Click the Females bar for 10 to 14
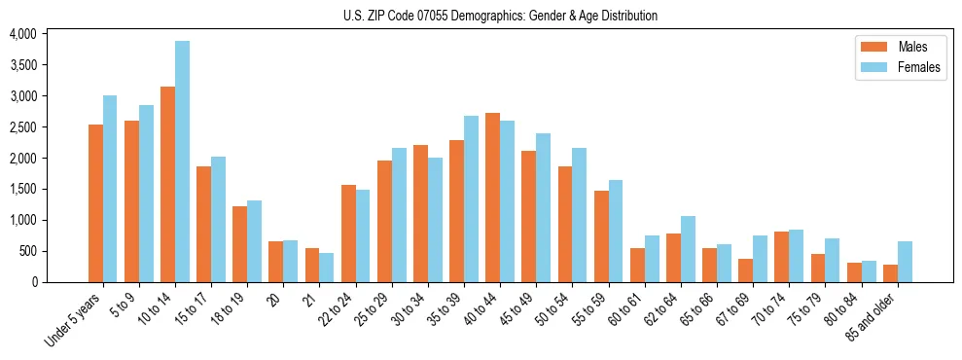pos(183,162)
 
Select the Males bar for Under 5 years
pos(95,203)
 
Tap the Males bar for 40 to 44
pos(492,198)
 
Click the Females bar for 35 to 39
pos(471,198)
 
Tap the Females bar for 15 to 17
pos(219,219)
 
